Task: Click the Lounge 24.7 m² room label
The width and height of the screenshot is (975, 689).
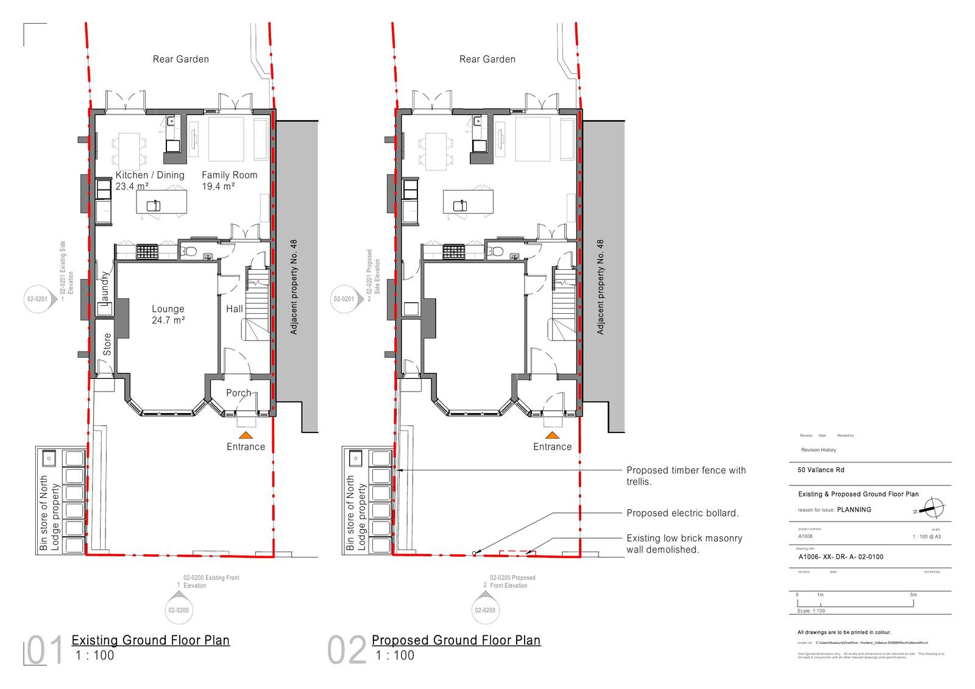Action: click(168, 314)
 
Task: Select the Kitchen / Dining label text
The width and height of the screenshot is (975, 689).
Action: click(150, 175)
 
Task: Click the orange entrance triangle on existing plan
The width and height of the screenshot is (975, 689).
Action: click(246, 436)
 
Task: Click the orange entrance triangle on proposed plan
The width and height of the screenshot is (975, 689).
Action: click(552, 436)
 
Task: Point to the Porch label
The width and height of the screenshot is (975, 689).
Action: click(238, 393)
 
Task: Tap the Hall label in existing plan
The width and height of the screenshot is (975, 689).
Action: click(235, 309)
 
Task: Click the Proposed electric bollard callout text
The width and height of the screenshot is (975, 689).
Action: click(682, 513)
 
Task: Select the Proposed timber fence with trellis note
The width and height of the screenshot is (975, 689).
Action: click(686, 476)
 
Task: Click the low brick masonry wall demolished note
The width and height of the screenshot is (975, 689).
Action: click(684, 544)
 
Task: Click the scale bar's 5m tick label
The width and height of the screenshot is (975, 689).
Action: click(913, 595)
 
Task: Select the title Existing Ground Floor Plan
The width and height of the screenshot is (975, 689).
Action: click(151, 640)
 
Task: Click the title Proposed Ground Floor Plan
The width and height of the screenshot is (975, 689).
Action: click(456, 640)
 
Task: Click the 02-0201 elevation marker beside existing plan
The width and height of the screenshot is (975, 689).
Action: click(37, 299)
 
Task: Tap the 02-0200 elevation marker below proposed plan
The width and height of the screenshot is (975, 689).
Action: click(485, 610)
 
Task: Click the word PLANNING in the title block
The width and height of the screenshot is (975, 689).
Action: click(854, 510)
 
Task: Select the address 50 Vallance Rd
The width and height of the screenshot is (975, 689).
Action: click(821, 470)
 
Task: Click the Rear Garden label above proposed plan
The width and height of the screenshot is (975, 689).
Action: click(487, 59)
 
